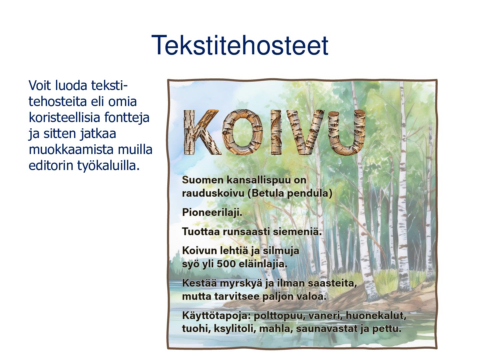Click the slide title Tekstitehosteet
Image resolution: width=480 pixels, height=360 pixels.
pos(240,45)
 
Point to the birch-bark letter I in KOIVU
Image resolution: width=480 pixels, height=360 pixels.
pos(276,132)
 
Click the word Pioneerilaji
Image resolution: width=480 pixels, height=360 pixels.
pos(212,212)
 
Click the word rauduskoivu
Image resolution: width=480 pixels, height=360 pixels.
pos(213,193)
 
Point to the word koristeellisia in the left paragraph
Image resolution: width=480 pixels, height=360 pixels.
pos(65,117)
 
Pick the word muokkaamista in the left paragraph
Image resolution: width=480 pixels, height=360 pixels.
pos(71,150)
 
